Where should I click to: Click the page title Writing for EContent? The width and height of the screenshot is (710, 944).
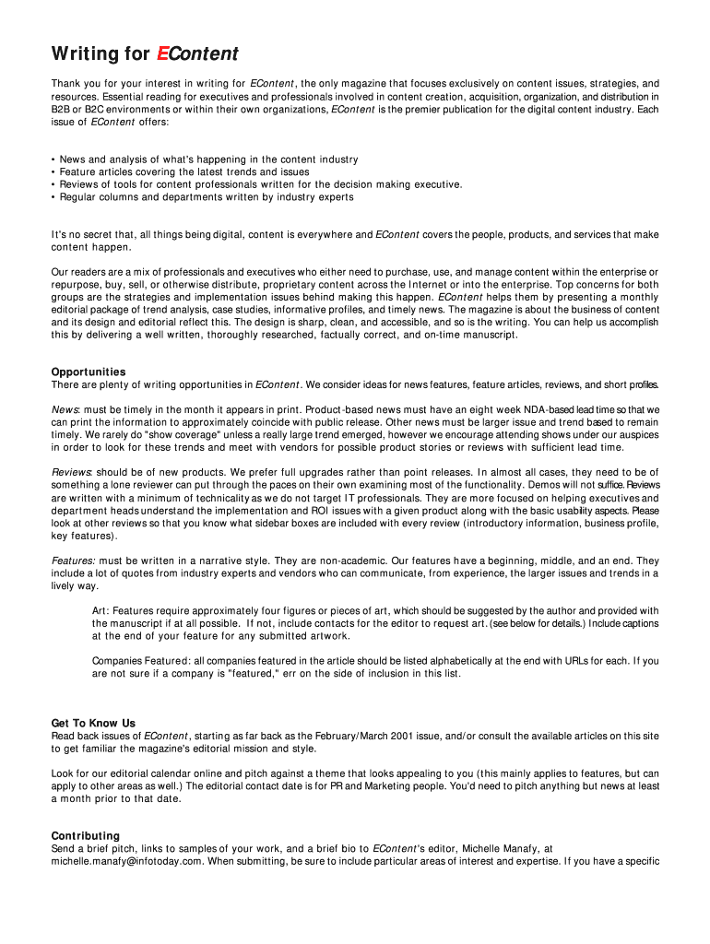tap(145, 54)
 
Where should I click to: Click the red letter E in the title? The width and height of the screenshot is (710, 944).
tap(162, 54)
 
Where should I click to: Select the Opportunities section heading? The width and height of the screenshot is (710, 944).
tap(89, 372)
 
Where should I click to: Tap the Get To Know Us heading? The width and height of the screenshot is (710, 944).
tap(93, 723)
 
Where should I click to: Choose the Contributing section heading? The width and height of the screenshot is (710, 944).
tap(86, 836)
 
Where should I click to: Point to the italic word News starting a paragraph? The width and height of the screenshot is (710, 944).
tap(65, 409)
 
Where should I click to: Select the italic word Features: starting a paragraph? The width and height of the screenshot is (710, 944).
tap(74, 560)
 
